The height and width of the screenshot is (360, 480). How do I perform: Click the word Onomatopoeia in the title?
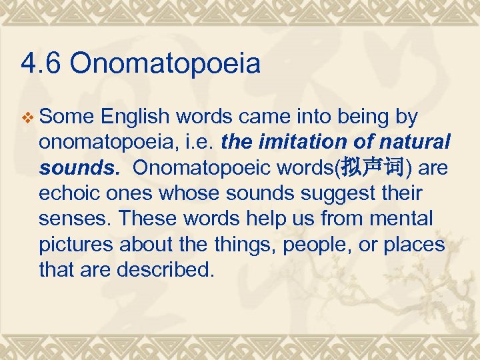[x=165, y=65]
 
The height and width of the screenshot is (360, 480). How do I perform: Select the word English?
[x=137, y=117]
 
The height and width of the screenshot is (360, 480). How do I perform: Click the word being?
[x=364, y=117]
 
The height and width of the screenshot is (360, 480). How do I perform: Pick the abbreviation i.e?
[x=201, y=143]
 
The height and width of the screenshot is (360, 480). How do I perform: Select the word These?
[x=148, y=219]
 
